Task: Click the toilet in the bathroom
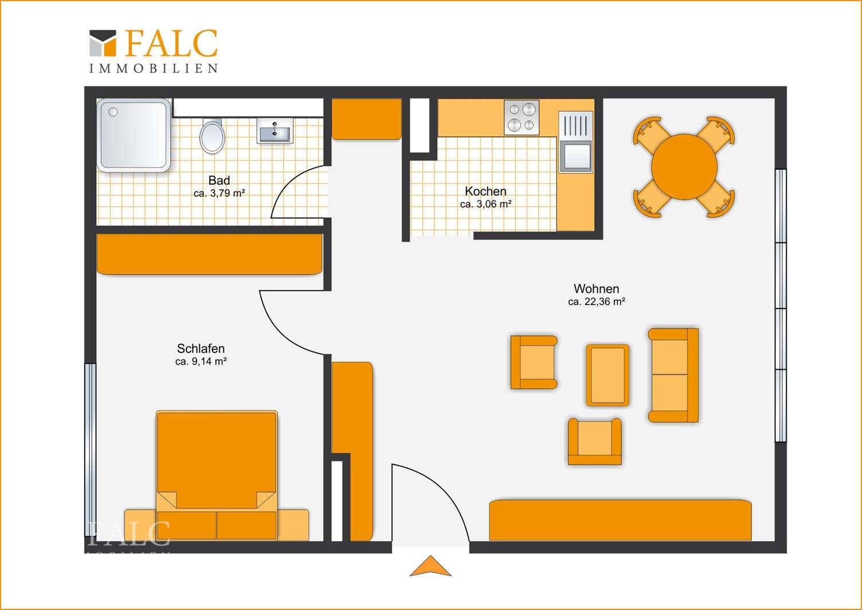click(212, 136)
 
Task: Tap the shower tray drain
click(113, 112)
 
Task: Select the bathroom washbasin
click(275, 131)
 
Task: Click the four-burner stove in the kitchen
click(522, 118)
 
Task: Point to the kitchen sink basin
click(575, 156)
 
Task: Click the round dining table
click(684, 167)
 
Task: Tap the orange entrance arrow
click(430, 566)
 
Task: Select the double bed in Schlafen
click(217, 475)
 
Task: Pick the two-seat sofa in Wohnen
click(673, 376)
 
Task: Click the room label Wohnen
click(596, 288)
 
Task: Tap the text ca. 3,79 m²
click(219, 193)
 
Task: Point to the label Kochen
click(485, 191)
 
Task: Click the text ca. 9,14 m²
click(201, 361)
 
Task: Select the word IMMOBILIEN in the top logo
click(154, 68)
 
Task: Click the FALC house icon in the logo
click(103, 43)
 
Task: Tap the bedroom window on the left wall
click(90, 449)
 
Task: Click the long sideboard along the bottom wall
click(620, 520)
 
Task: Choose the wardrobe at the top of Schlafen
click(209, 255)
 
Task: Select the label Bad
click(219, 180)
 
